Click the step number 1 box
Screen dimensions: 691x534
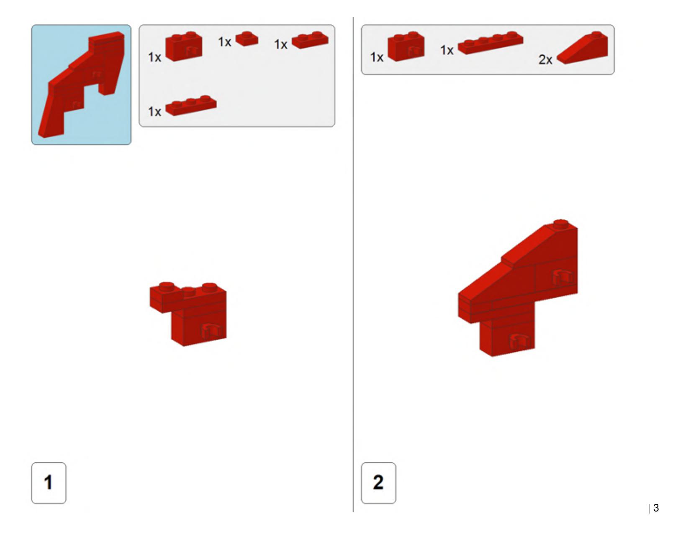point(49,483)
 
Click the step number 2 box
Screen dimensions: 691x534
point(378,483)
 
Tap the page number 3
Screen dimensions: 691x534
point(656,508)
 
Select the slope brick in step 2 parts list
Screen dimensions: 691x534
point(582,47)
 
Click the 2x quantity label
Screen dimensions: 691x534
point(545,59)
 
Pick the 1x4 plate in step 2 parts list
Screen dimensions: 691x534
point(491,43)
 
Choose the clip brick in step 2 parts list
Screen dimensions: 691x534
point(406,46)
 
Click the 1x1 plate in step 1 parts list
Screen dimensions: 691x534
point(247,39)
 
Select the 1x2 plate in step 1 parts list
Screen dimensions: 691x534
point(310,40)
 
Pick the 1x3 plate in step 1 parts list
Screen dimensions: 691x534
point(191,106)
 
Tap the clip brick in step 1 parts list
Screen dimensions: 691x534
point(184,46)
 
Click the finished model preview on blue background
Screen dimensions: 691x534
point(81,85)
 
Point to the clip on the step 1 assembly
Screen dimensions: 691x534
point(211,331)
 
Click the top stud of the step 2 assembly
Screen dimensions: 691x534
point(560,224)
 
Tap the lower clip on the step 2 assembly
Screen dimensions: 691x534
point(519,341)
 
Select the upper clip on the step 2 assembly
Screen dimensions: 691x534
point(562,276)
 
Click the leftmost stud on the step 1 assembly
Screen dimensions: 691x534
point(167,286)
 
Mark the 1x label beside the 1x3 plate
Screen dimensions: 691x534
point(154,112)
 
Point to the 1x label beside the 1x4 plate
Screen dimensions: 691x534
point(447,50)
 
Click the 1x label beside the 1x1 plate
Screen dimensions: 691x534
point(224,42)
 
